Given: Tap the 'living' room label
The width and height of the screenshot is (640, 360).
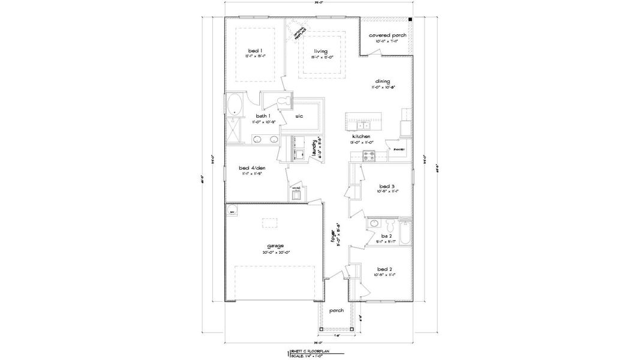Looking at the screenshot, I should pyautogui.click(x=320, y=52).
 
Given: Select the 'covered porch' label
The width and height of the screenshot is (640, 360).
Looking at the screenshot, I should pyautogui.click(x=387, y=35).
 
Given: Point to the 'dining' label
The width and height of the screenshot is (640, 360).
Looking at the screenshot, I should pyautogui.click(x=383, y=81).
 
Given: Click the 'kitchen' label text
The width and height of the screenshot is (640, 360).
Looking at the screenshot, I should pyautogui.click(x=361, y=137).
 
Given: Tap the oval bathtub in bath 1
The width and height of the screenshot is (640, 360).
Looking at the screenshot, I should pyautogui.click(x=233, y=104).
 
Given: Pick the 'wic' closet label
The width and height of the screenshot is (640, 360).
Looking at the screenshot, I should pyautogui.click(x=298, y=116).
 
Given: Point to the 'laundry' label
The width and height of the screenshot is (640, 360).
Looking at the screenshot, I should pyautogui.click(x=314, y=148).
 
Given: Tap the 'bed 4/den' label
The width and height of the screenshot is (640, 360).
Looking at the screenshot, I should pyautogui.click(x=252, y=167).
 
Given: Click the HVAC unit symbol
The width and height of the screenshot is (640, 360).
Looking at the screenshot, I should pyautogui.click(x=296, y=194).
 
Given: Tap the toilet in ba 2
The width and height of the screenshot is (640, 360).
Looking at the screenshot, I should pyautogui.click(x=390, y=226).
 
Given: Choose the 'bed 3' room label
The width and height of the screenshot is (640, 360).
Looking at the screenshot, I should pyautogui.click(x=386, y=185).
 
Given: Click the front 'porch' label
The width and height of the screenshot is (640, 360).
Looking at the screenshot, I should pyautogui.click(x=336, y=310).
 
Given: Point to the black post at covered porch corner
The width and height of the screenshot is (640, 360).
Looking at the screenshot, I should pyautogui.click(x=410, y=20).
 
